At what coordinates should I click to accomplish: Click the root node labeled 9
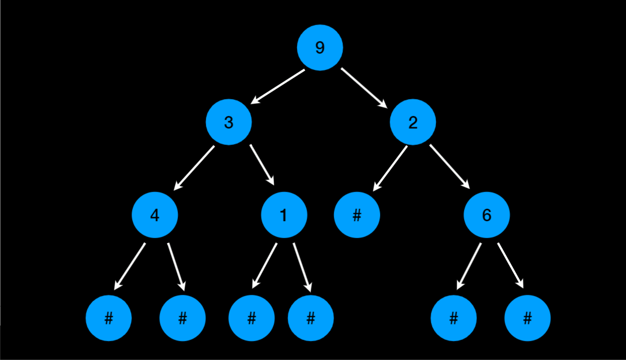[x=320, y=48]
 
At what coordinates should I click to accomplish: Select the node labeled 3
[x=229, y=122]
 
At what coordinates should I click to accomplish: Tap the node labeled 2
[x=413, y=122]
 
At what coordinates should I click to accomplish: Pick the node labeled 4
[x=155, y=215]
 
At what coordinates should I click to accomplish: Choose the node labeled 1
[x=284, y=215]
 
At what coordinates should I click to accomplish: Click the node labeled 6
[x=486, y=215]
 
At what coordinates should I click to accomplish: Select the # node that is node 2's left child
[x=357, y=215]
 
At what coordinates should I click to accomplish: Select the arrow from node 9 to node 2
[x=364, y=87]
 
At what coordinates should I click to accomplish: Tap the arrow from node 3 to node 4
[x=194, y=168]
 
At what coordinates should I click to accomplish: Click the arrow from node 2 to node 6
[x=450, y=166]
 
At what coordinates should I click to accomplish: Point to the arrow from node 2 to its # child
[x=390, y=168]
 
